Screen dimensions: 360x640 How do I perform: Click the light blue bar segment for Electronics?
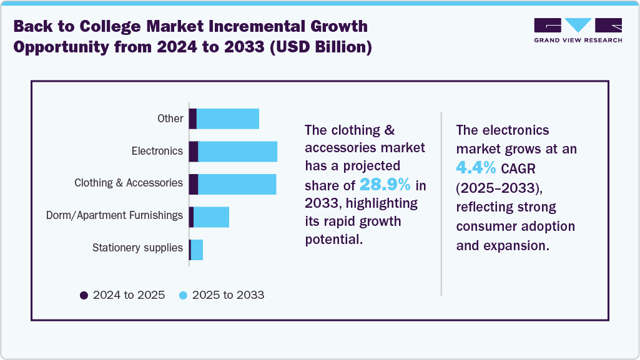tap(237, 152)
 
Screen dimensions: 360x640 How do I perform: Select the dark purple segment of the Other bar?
tap(193, 119)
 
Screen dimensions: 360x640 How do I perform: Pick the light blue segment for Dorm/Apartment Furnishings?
tap(211, 216)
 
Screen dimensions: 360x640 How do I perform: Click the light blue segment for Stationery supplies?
tap(197, 250)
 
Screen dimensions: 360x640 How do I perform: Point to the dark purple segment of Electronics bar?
tap(194, 152)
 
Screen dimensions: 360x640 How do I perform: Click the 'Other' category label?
tap(170, 119)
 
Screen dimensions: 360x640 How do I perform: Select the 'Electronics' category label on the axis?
tap(157, 151)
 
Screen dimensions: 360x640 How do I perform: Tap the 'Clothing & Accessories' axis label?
tap(128, 183)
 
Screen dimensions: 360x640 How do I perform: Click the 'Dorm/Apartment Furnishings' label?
tap(114, 216)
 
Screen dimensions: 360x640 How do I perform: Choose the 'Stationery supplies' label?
tap(137, 248)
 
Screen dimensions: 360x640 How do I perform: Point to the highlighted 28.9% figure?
tap(385, 185)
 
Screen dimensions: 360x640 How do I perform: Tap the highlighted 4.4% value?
tap(476, 168)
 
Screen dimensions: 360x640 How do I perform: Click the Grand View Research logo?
tap(578, 30)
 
